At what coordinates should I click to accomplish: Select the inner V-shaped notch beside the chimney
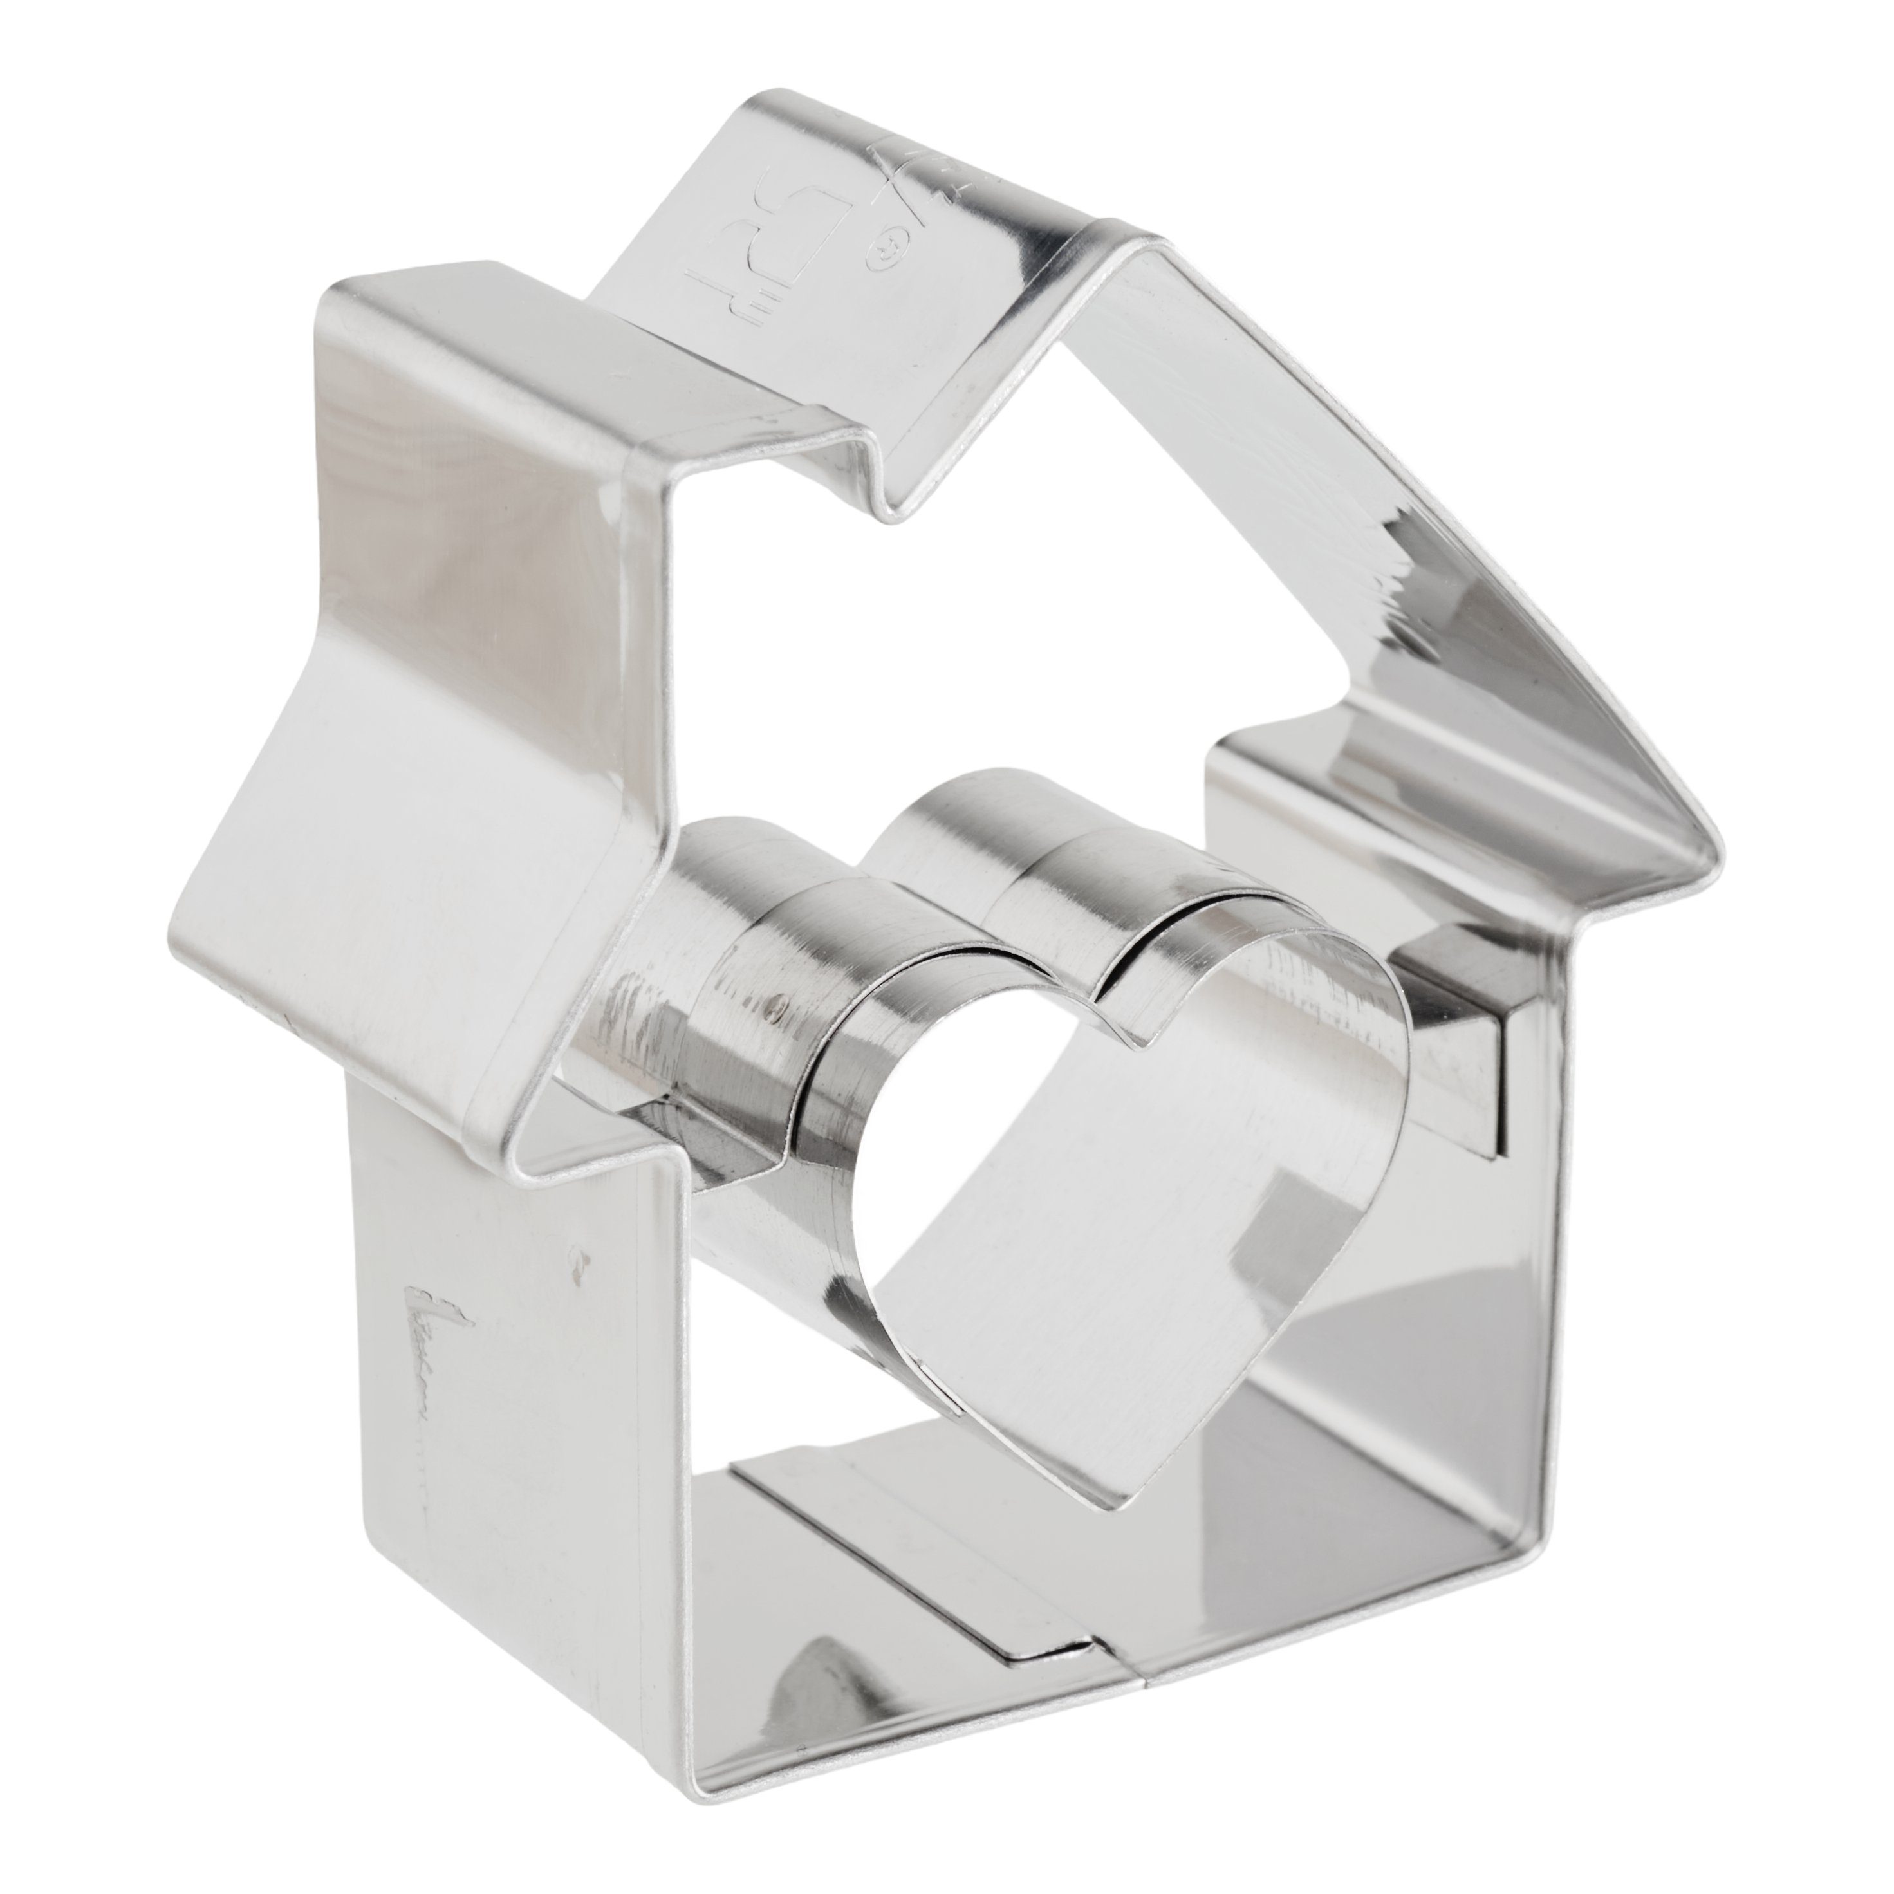(887, 510)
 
